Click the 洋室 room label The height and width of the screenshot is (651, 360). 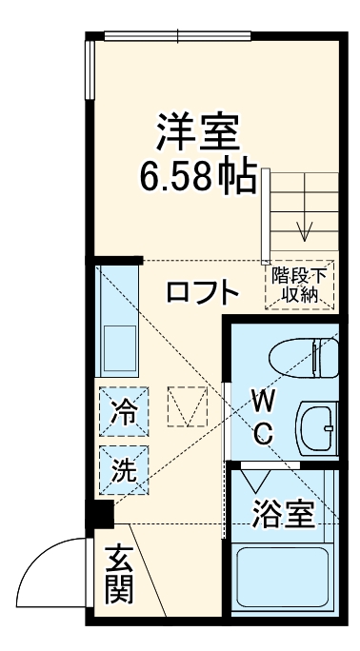[x=198, y=134]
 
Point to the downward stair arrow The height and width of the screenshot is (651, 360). [x=306, y=228]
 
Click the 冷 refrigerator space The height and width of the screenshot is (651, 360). [x=123, y=414]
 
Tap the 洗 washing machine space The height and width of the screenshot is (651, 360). [x=123, y=468]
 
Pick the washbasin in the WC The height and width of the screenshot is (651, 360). [x=318, y=426]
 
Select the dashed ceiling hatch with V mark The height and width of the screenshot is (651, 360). [x=188, y=407]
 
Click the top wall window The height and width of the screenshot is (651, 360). [x=178, y=37]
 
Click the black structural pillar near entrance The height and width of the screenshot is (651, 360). [x=99, y=515]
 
